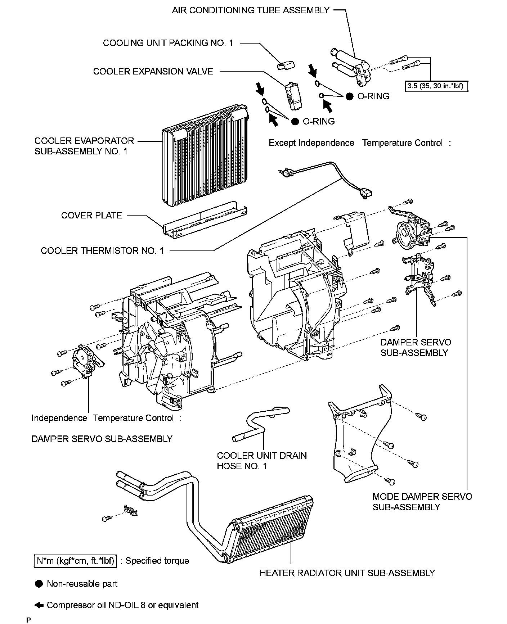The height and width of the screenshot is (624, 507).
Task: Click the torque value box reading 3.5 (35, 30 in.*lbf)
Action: pyautogui.click(x=436, y=86)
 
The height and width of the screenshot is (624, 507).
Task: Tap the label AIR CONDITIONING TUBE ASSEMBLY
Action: pyautogui.click(x=251, y=10)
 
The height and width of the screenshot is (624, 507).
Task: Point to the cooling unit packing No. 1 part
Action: pyautogui.click(x=286, y=65)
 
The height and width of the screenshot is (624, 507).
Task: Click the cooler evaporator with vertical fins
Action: pyautogui.click(x=203, y=157)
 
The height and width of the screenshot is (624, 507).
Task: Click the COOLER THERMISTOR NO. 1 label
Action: pyautogui.click(x=102, y=250)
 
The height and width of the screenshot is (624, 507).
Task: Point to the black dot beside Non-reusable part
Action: pyautogui.click(x=39, y=584)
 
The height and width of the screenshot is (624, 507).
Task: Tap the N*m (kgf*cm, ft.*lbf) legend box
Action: pyautogui.click(x=75, y=561)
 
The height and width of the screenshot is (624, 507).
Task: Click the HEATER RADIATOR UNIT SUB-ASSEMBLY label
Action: pyautogui.click(x=347, y=573)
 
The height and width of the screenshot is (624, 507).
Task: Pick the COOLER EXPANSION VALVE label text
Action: pyautogui.click(x=153, y=71)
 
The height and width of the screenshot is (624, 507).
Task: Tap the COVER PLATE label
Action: pyautogui.click(x=91, y=215)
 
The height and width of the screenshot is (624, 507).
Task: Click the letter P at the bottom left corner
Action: pyautogui.click(x=28, y=620)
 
